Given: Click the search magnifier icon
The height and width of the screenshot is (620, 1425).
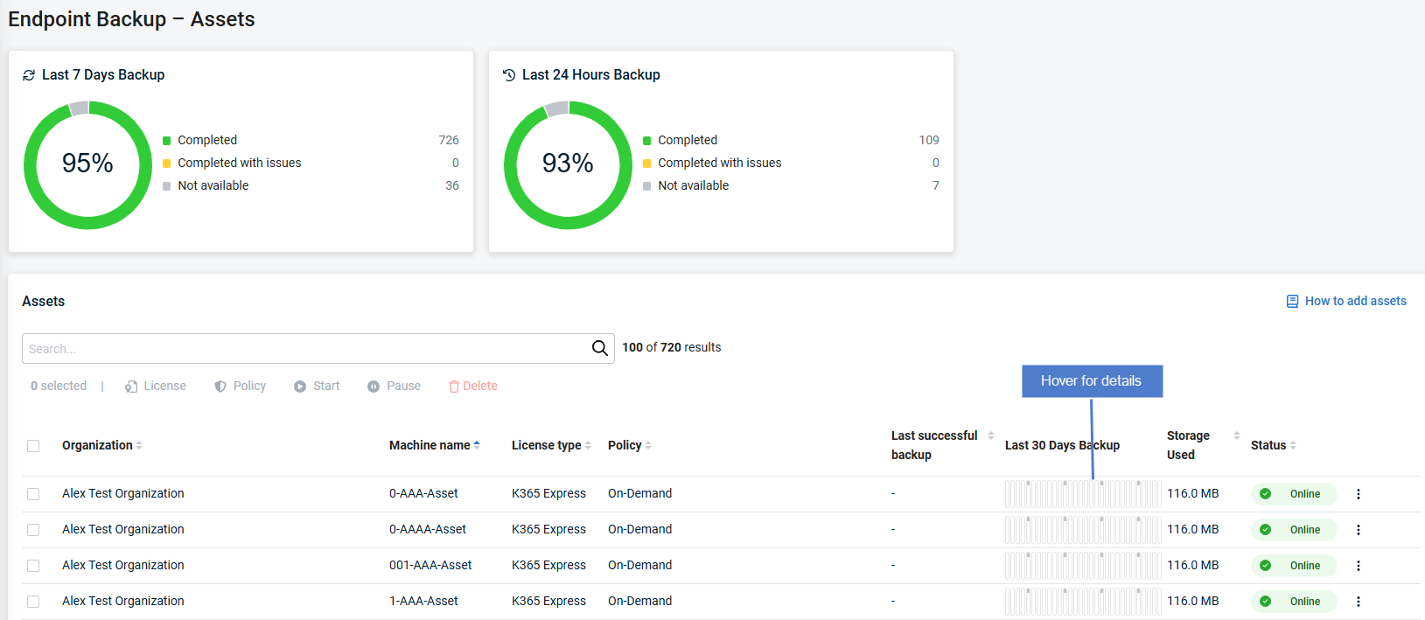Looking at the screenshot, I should pos(599,348).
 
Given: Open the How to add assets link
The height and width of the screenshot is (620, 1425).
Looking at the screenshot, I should pos(1355,301).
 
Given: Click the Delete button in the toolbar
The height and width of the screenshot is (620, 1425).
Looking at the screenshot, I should pos(472,386).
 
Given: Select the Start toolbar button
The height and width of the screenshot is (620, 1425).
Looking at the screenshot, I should pos(317,386).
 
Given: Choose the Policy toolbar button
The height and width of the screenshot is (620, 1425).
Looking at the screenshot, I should pos(241,386).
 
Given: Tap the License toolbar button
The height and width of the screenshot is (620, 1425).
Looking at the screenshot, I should pos(156,386).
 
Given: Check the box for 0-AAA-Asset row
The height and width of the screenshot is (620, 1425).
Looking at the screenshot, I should pos(33,494).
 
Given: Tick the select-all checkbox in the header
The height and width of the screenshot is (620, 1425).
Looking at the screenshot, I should pos(33,446).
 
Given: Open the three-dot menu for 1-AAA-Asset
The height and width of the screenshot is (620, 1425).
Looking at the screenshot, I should pos(1358,602).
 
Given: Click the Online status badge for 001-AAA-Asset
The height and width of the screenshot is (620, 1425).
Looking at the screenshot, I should pos(1294,566).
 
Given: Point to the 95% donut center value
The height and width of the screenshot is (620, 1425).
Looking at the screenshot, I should pos(87,164).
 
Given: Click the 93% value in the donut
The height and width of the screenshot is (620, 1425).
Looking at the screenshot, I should pos(568,164).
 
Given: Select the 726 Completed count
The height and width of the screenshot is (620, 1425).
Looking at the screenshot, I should pos(449,140).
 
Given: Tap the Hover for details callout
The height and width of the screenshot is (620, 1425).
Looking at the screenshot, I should pos(1092,381).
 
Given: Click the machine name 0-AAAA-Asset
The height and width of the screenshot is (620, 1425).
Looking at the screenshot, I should pos(428,529).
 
